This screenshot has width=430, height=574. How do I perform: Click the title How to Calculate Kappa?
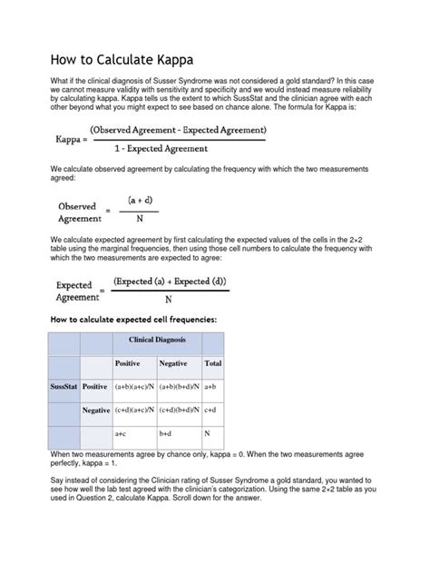121,61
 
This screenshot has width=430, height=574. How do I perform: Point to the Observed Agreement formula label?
77,213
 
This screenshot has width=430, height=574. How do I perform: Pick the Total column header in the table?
213,363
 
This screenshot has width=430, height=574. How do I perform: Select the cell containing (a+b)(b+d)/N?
179,386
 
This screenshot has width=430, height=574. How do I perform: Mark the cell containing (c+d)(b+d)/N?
179,411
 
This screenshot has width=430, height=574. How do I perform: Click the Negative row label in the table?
95,411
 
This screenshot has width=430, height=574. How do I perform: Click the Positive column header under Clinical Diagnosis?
128,363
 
